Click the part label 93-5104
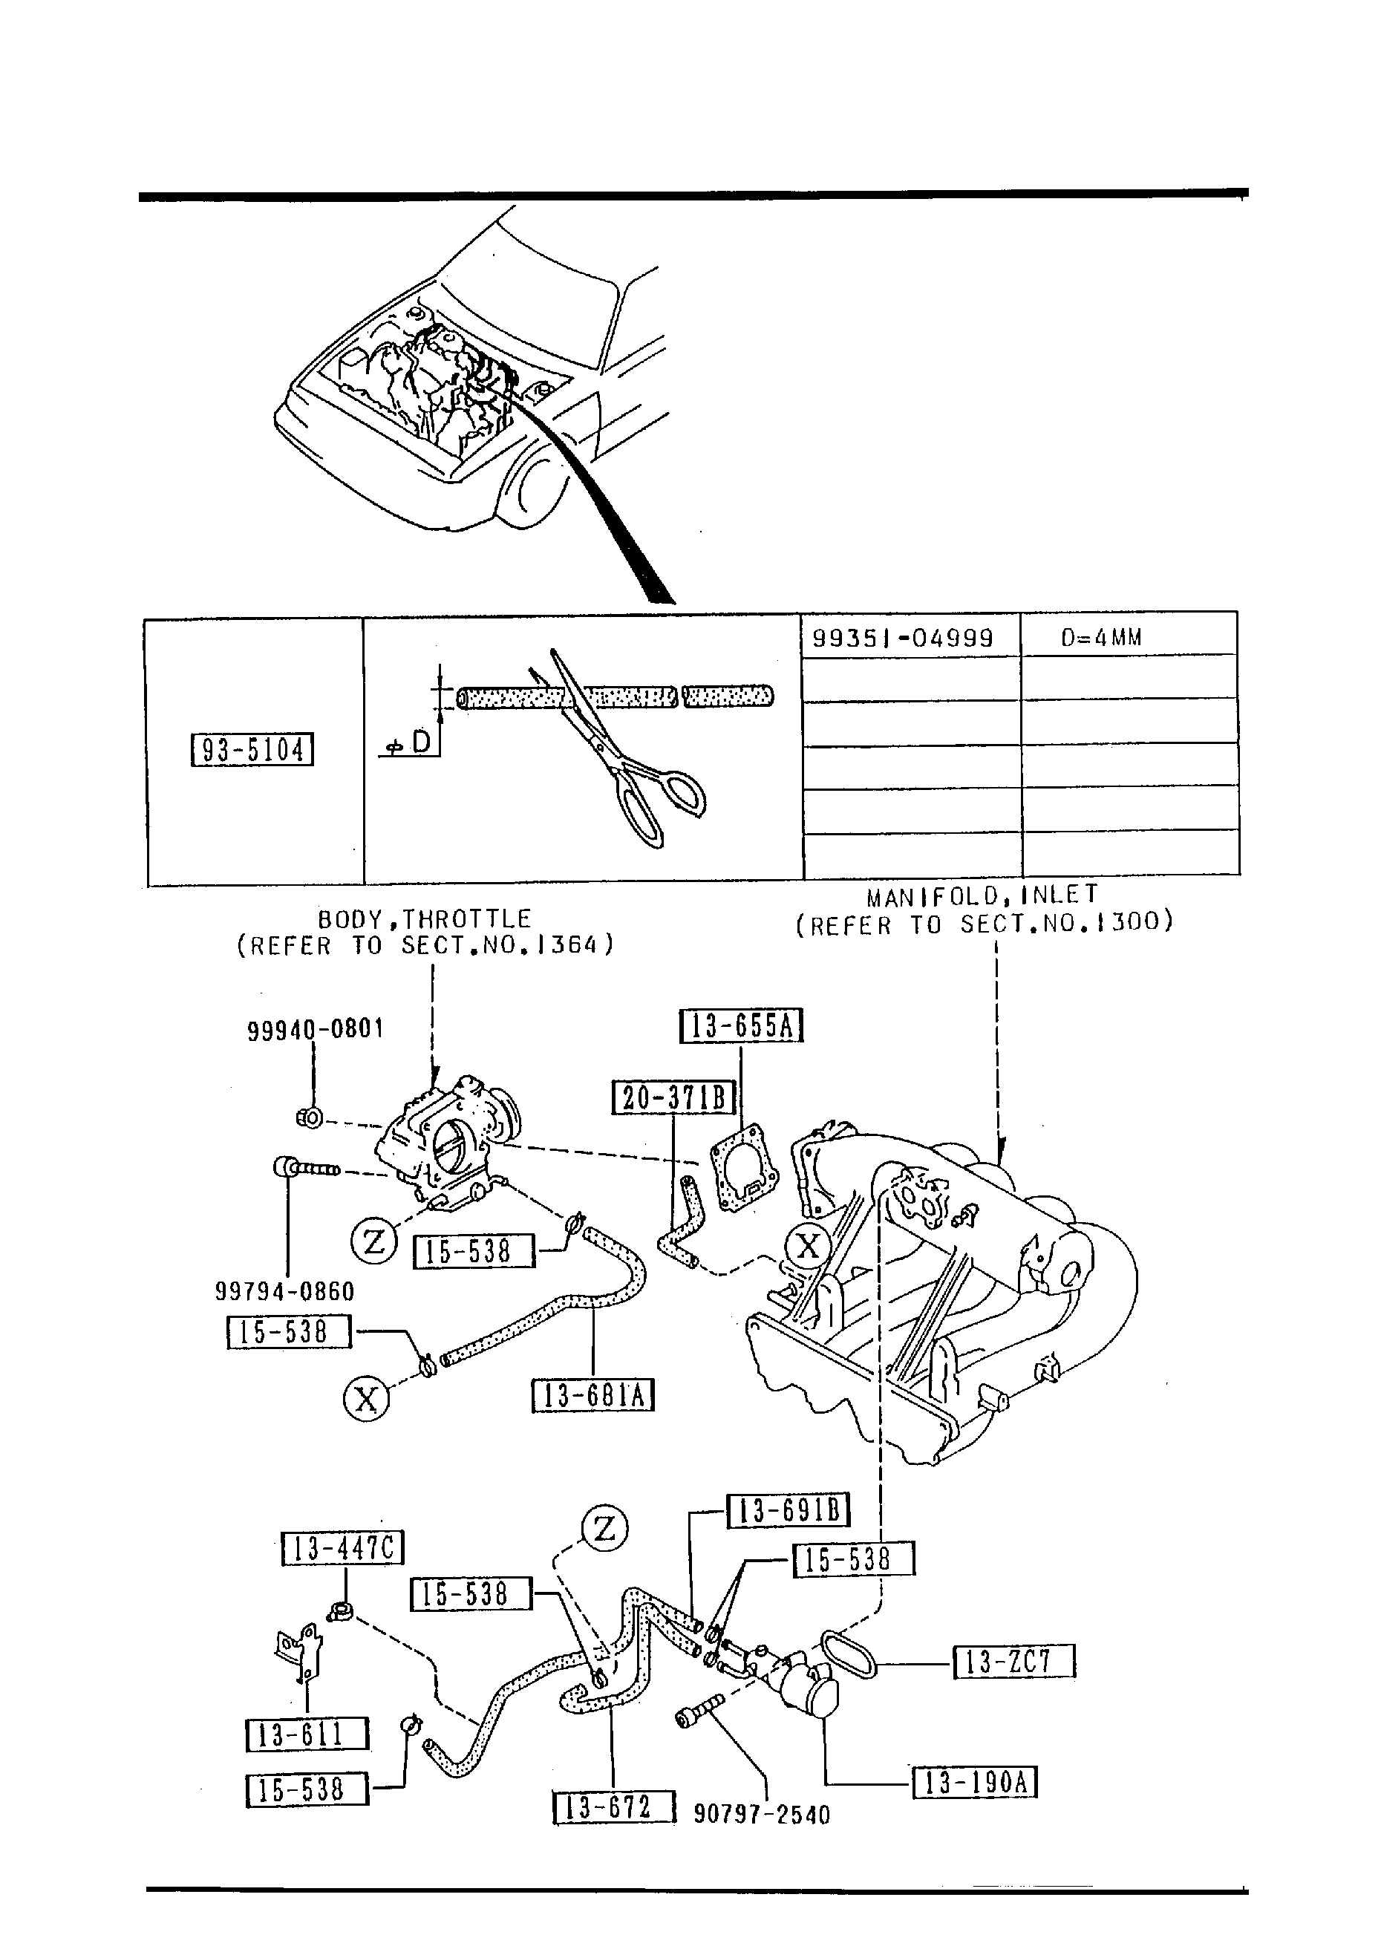[252, 750]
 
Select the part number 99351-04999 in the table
[902, 638]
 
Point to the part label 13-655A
[741, 1026]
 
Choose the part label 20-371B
[673, 1097]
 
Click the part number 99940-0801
[316, 1030]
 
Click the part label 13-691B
[789, 1511]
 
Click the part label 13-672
[613, 1806]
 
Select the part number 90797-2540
[761, 1815]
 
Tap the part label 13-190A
[975, 1783]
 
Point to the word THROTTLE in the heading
[467, 919]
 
